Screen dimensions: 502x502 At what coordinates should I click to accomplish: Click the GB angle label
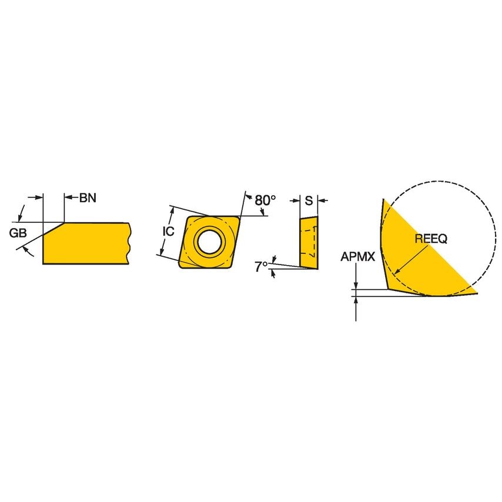pos(18,233)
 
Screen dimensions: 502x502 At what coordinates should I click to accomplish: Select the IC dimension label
pos(168,231)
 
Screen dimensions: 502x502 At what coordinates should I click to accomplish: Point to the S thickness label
pos(308,200)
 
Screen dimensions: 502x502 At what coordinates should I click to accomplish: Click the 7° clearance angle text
pos(260,266)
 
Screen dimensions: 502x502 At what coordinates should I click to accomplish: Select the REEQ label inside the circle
pos(431,239)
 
